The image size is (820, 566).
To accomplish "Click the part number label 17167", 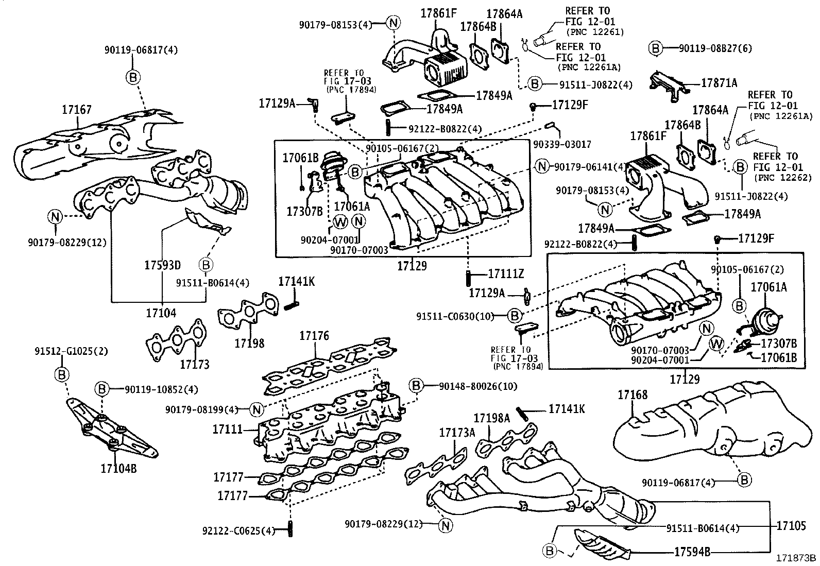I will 77,110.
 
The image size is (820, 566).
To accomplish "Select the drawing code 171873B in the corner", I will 796,558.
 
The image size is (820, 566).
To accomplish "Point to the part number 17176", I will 314,336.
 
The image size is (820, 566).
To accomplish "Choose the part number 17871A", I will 719,82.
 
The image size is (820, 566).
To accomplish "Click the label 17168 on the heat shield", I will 633,395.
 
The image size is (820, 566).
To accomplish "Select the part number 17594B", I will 692,552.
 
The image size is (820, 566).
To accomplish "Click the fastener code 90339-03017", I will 562,145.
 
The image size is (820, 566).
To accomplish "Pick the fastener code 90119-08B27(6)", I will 715,48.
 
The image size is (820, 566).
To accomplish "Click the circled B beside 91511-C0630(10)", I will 515,315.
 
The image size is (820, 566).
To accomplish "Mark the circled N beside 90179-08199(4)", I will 257,409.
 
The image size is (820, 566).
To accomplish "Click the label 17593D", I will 162,266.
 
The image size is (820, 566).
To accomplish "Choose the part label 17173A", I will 457,433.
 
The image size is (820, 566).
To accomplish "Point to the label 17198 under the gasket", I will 249,343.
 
